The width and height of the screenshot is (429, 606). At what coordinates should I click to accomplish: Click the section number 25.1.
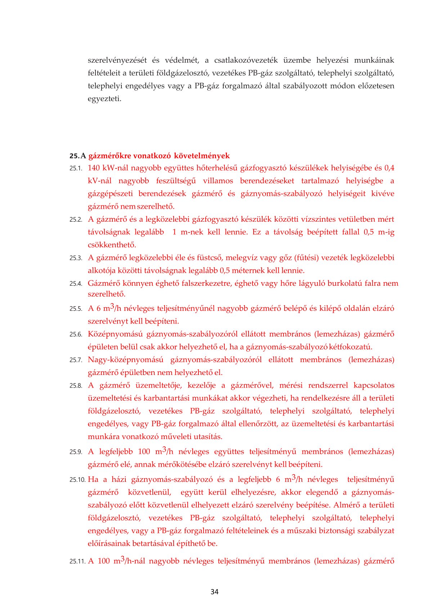[76, 168]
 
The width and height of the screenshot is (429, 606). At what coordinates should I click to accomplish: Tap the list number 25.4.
[76, 284]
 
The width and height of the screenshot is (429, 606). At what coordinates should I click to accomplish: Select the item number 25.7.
[76, 360]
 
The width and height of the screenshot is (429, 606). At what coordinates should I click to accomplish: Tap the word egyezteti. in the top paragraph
[104, 99]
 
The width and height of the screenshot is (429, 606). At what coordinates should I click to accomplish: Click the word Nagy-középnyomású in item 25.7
[125, 360]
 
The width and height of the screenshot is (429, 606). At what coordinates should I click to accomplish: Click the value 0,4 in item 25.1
[389, 168]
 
